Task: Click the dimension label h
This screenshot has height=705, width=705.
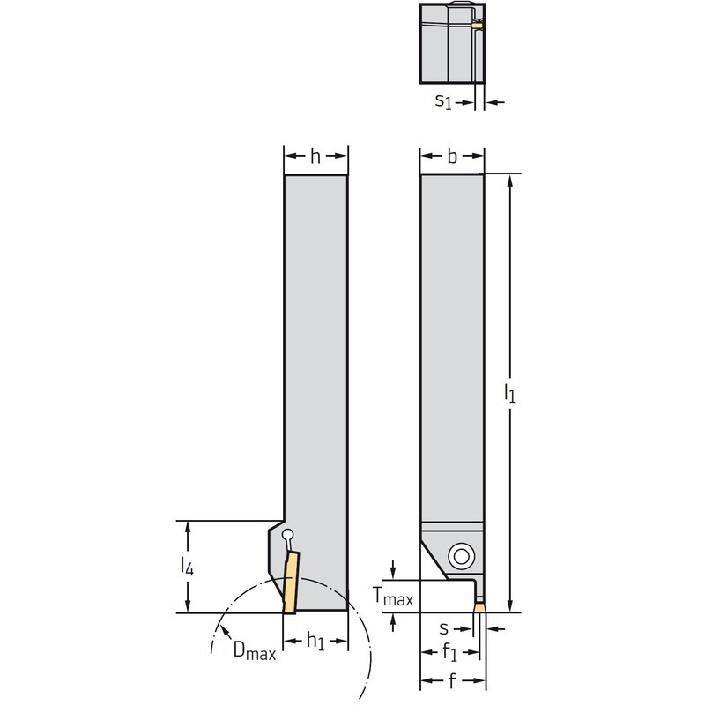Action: click(x=315, y=157)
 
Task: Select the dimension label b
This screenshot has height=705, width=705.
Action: click(x=452, y=157)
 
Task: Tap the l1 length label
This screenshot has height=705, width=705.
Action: click(x=509, y=393)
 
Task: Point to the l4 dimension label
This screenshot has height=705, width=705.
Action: click(x=187, y=566)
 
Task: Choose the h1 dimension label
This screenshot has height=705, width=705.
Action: click(x=315, y=641)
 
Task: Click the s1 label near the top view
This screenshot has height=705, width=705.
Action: click(x=443, y=101)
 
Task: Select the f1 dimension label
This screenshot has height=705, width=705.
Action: click(x=449, y=652)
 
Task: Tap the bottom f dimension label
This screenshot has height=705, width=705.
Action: click(x=452, y=680)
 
